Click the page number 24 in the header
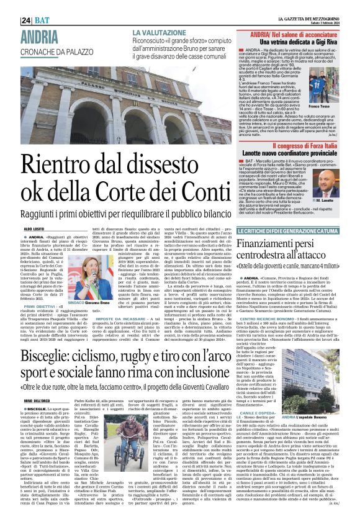point(10,5)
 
